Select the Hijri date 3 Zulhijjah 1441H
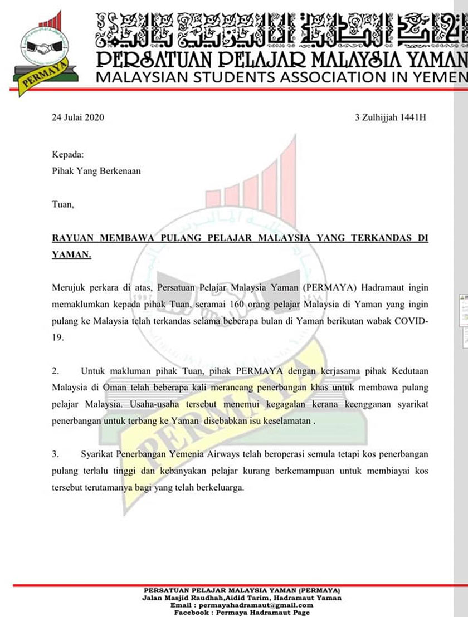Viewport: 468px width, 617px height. [391, 117]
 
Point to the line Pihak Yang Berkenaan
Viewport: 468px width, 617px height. [96, 171]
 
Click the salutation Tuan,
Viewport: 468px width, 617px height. [62, 205]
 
